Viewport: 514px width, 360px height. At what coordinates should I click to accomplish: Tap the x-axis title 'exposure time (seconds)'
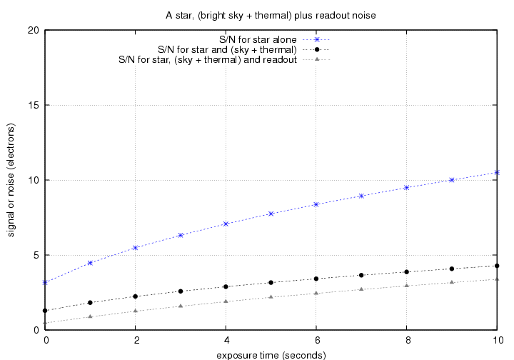point(271,354)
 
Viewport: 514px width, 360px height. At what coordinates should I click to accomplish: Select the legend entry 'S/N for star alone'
point(259,39)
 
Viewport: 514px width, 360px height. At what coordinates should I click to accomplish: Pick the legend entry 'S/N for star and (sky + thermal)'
point(227,50)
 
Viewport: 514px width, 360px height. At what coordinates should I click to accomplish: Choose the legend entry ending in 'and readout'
point(207,60)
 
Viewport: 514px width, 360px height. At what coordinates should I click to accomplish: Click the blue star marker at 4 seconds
point(226,224)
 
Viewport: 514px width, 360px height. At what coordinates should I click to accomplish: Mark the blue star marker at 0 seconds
point(45,282)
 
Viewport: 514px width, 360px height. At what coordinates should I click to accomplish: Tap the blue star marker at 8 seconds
point(407,187)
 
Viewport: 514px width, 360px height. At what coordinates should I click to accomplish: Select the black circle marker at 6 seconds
point(316,279)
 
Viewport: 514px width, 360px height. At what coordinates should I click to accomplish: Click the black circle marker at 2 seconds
point(136,296)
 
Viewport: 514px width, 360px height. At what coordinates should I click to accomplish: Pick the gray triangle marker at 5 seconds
point(271,297)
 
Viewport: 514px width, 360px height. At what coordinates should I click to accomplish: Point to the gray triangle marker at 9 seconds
point(452,282)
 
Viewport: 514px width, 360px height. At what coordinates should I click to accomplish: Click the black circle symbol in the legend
point(326,50)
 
